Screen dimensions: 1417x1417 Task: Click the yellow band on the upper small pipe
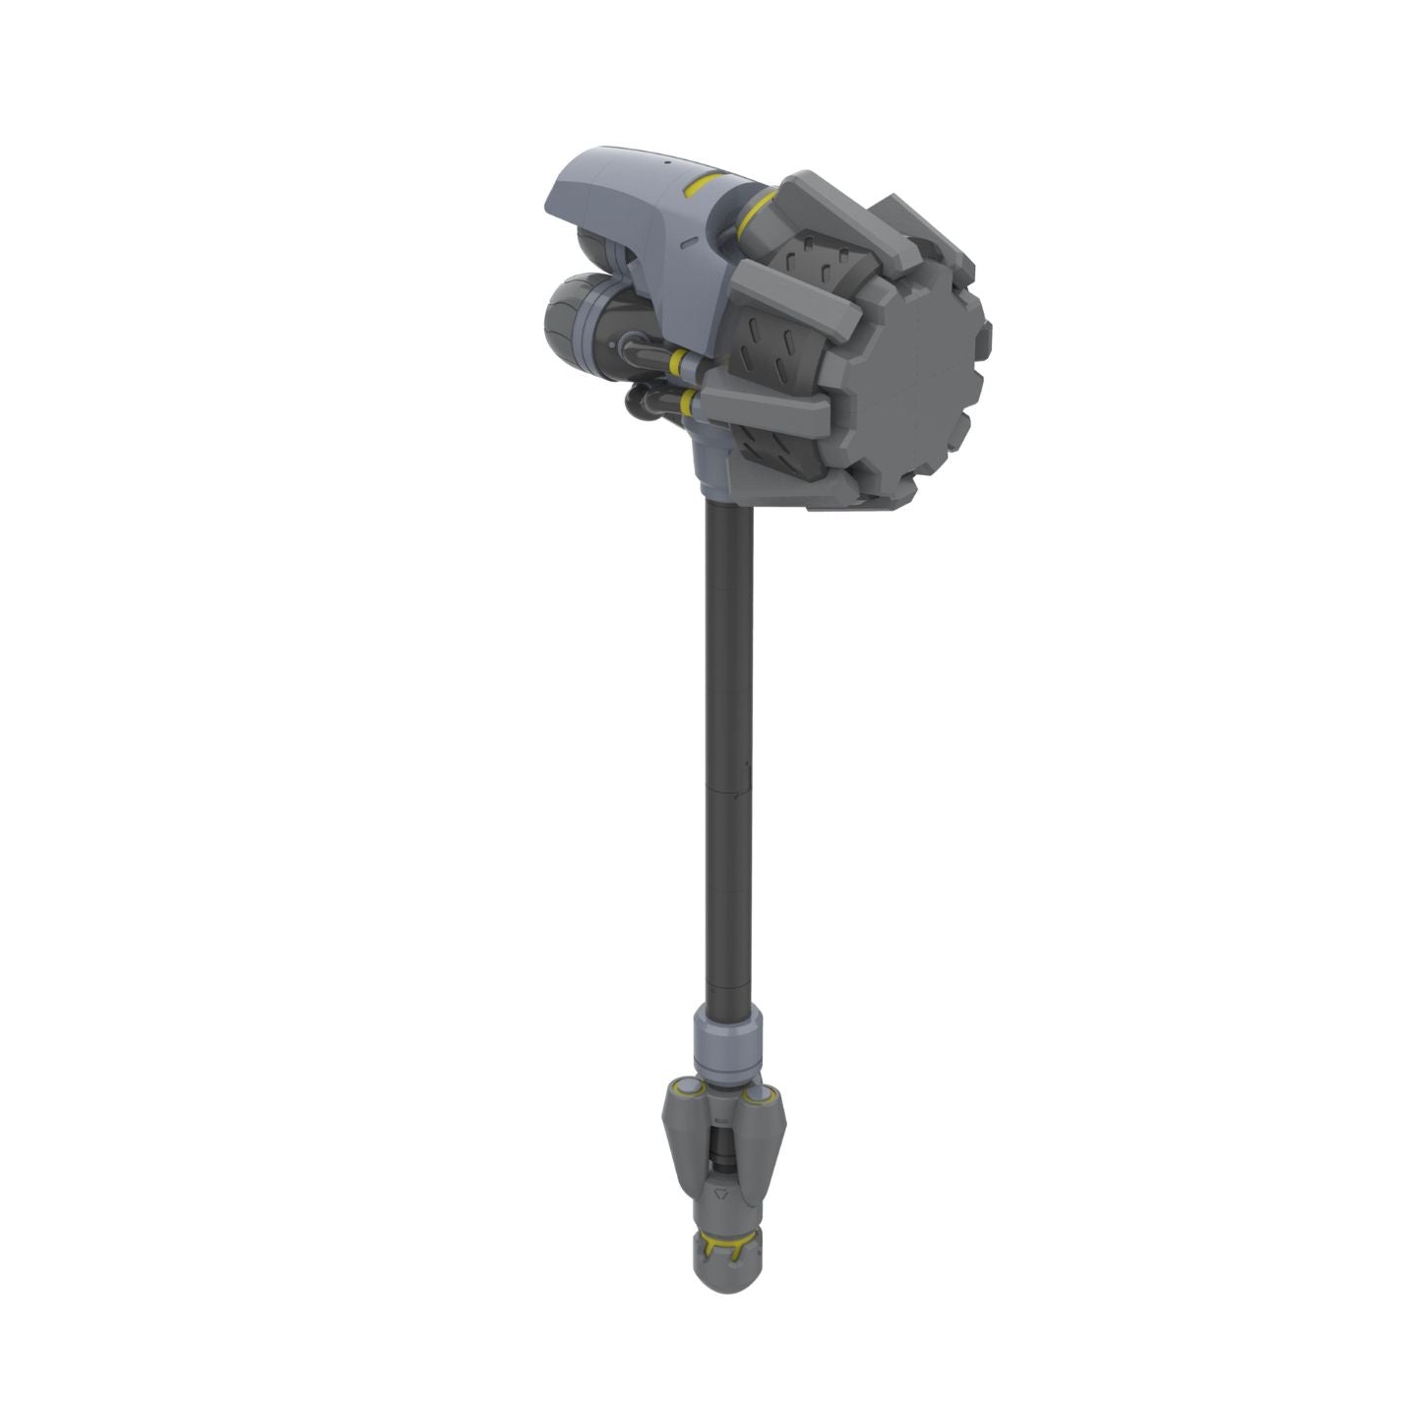676,362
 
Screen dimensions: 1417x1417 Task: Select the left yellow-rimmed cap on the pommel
686,1089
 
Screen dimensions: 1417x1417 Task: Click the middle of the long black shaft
729,748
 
